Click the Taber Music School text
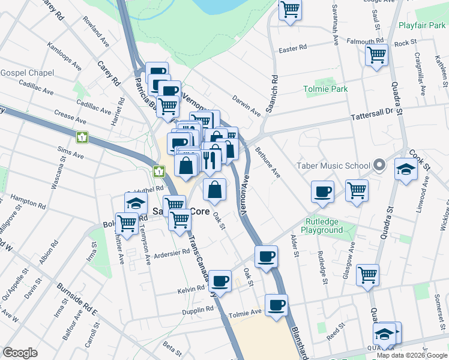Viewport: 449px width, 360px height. coord(336,166)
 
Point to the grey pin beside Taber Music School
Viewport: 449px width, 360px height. coord(379,164)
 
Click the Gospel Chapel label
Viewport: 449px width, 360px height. coord(27,73)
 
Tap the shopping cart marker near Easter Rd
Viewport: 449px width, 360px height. coord(376,55)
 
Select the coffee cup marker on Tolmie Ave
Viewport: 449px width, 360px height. coord(276,305)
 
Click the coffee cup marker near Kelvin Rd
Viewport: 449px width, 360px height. coord(220,280)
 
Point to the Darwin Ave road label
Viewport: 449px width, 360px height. coord(247,104)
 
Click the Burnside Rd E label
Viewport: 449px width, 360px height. coord(77,298)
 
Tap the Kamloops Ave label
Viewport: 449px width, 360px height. coord(63,55)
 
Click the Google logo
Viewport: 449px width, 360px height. coord(20,353)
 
